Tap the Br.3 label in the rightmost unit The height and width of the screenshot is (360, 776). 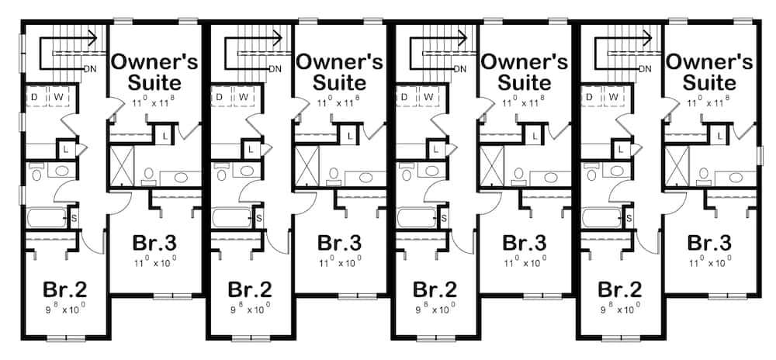709,243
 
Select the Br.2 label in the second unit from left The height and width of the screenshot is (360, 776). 249,290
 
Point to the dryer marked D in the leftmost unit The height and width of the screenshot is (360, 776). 35,95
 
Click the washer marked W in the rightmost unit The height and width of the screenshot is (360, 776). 613,95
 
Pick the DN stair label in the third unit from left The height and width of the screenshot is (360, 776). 460,68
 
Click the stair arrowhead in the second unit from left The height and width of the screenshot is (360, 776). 277,35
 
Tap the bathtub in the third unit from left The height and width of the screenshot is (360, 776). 417,217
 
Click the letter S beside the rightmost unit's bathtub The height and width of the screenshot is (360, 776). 628,216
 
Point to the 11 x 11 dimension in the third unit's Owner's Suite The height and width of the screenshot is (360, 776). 525,102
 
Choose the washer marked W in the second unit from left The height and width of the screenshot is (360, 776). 243,95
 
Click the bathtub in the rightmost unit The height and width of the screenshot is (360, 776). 601,217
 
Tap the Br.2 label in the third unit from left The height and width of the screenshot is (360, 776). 434,290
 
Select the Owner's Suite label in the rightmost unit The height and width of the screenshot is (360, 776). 709,71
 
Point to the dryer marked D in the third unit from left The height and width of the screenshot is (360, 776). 404,95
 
